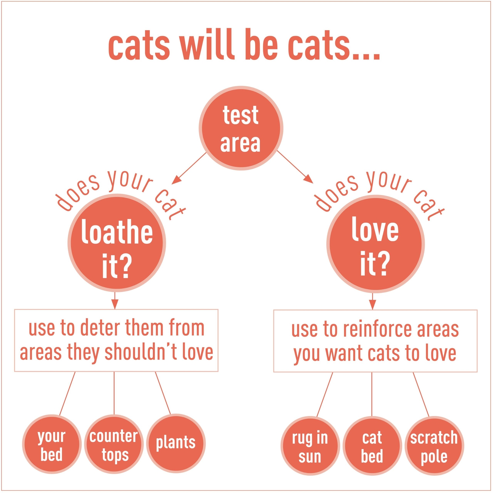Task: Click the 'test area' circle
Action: [x=241, y=128]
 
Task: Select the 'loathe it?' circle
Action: [x=117, y=243]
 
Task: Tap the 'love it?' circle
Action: [x=375, y=244]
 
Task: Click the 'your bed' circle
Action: [x=51, y=444]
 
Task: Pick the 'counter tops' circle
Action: [x=114, y=444]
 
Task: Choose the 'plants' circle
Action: [x=176, y=443]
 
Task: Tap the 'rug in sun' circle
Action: [x=310, y=446]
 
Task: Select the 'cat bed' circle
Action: [x=372, y=446]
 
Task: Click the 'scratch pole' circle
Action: [x=434, y=446]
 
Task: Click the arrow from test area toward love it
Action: [x=294, y=167]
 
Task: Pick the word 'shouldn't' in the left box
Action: [x=142, y=352]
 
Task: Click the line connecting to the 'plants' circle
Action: [x=163, y=393]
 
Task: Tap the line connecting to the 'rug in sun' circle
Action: [x=325, y=394]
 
